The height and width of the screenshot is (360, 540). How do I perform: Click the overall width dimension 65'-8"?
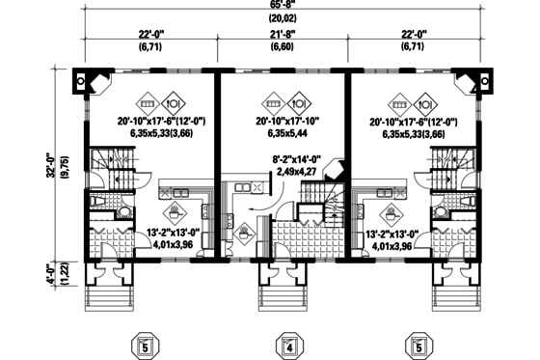click(283, 6)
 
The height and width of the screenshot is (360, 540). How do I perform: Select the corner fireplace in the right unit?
click(468, 84)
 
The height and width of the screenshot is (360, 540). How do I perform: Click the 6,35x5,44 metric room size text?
click(288, 134)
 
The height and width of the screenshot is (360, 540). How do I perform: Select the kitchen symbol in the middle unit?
click(243, 232)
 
